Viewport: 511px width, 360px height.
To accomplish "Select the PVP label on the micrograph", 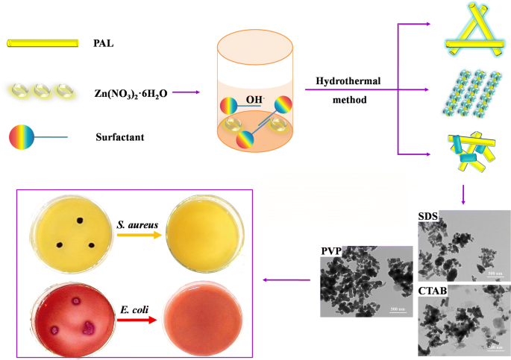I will click(x=331, y=251).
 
